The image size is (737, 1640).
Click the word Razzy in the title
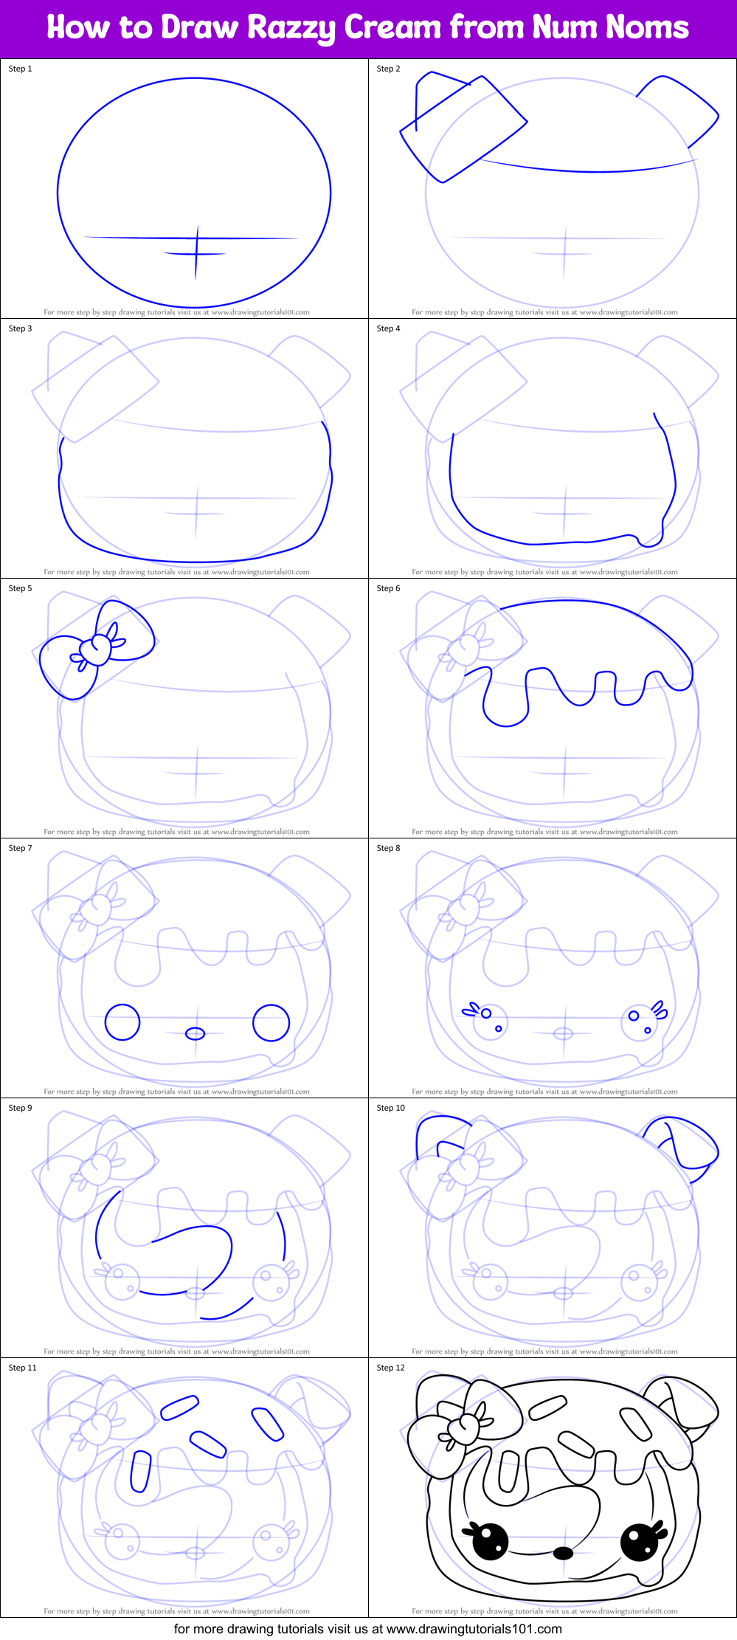[291, 28]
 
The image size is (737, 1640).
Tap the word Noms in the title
[647, 27]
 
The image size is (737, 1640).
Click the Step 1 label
[21, 69]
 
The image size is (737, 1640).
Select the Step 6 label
[389, 588]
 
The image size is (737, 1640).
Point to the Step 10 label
[391, 1108]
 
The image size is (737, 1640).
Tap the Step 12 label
[391, 1368]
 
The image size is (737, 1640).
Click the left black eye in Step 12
[491, 1541]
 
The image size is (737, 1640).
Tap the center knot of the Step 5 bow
[95, 650]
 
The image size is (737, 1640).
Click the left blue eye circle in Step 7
[122, 1022]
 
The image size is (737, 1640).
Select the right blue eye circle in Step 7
[271, 1022]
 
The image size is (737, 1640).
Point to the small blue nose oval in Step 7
[196, 1033]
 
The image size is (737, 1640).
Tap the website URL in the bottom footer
[474, 1628]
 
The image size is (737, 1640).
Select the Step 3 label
[21, 328]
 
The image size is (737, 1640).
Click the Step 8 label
[389, 848]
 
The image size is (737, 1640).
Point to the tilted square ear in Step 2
[463, 129]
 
